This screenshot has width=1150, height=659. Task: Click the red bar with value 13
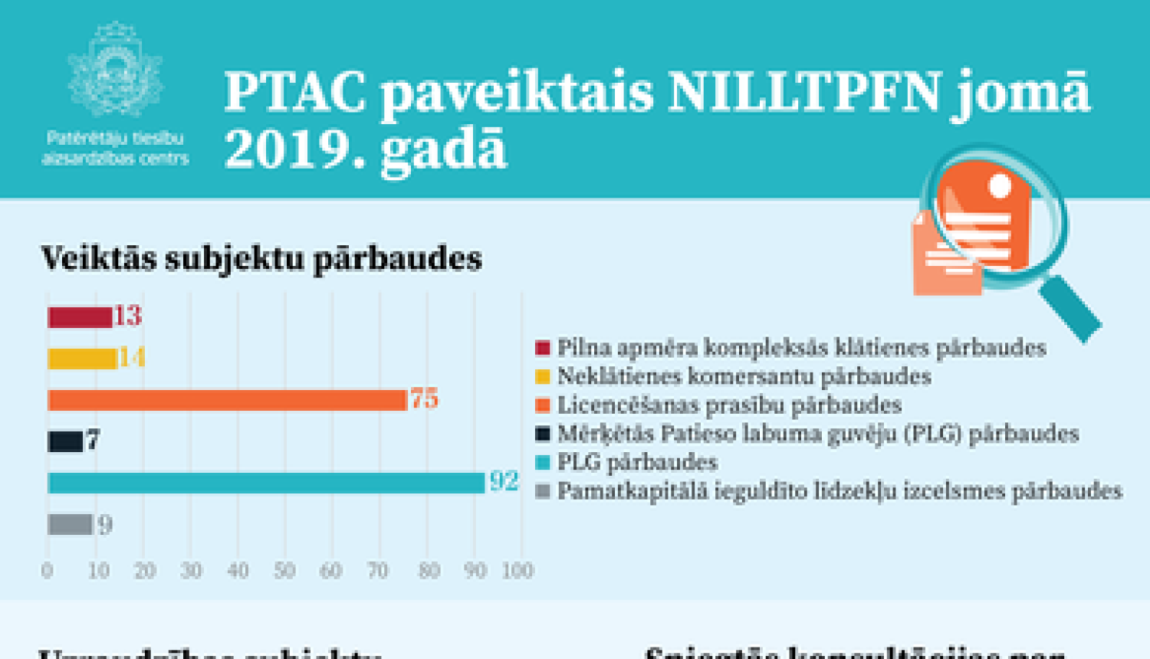click(80, 317)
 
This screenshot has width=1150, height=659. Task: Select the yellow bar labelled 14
click(82, 359)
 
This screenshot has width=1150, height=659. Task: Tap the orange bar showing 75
click(227, 400)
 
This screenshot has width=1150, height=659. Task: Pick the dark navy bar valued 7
click(65, 441)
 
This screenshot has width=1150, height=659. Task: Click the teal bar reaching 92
click(266, 483)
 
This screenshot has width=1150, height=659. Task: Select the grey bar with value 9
click(70, 525)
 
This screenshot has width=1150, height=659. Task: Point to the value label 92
click(504, 481)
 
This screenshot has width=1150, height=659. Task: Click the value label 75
click(424, 398)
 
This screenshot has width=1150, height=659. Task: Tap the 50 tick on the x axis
click(284, 571)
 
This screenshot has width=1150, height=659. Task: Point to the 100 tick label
click(517, 571)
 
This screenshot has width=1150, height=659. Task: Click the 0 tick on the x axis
click(47, 571)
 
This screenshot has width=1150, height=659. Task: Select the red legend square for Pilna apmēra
click(543, 349)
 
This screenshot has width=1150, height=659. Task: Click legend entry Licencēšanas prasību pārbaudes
click(728, 405)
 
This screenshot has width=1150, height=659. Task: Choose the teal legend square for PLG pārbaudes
click(543, 462)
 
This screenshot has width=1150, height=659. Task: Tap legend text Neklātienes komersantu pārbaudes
click(744, 376)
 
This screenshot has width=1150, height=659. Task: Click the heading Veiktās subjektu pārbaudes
click(261, 259)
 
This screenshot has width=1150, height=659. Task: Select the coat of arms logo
click(115, 70)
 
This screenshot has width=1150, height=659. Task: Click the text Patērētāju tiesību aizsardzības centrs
click(115, 149)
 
